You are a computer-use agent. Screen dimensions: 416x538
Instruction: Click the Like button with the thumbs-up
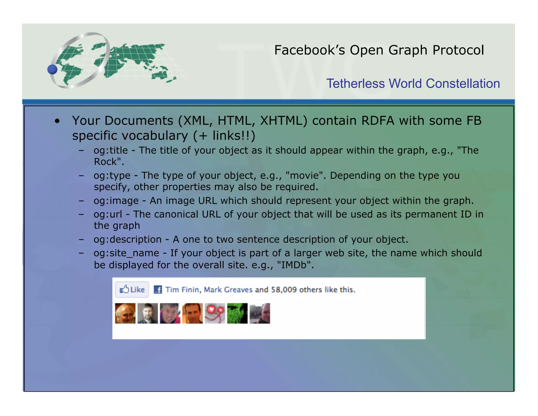tap(132, 290)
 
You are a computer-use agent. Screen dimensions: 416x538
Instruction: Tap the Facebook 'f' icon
tap(158, 290)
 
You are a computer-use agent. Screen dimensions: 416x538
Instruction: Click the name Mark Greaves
tap(228, 290)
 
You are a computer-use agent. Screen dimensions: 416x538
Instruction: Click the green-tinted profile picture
tap(237, 313)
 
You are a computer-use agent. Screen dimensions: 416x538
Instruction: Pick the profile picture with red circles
tap(215, 313)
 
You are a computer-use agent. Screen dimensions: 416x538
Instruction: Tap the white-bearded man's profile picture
tap(125, 313)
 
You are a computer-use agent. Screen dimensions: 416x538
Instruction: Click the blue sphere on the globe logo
tap(52, 69)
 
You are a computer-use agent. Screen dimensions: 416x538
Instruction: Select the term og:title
tap(111, 150)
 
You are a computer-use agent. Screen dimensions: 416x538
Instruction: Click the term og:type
tap(112, 175)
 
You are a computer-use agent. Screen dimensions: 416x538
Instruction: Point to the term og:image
tap(116, 201)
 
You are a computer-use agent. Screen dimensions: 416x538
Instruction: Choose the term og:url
tap(108, 214)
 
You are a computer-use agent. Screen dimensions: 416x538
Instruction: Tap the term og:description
tap(127, 240)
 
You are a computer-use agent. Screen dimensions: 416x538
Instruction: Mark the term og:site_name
tap(126, 253)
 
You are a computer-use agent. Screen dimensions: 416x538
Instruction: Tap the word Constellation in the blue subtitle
tap(463, 84)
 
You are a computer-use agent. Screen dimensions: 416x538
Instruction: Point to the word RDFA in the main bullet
tap(378, 121)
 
